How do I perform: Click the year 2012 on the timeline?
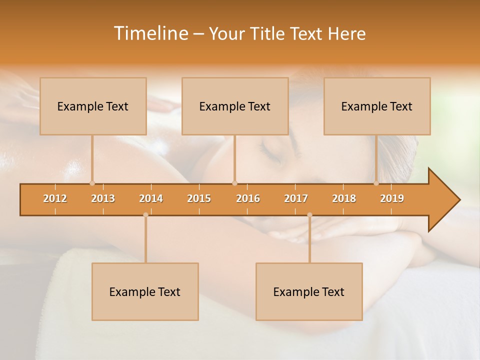tap(55, 198)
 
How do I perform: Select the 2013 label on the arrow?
tap(103, 198)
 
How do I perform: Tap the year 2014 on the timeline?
tap(151, 198)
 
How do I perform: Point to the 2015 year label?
tap(199, 198)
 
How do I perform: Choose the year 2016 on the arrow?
tap(248, 198)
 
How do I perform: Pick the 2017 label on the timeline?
tap(296, 198)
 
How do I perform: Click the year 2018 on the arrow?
tap(344, 198)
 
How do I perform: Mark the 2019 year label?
tap(392, 198)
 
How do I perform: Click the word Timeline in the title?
tap(150, 33)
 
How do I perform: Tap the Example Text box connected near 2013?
tap(93, 106)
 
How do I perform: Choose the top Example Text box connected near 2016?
tap(235, 106)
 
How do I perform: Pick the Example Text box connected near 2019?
tap(377, 106)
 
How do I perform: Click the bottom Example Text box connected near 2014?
tap(145, 291)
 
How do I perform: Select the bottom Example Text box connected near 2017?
tap(309, 291)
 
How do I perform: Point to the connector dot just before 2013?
tap(92, 183)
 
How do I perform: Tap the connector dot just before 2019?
tap(376, 183)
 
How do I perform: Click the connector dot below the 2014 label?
tap(145, 215)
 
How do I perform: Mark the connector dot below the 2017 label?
tap(309, 215)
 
